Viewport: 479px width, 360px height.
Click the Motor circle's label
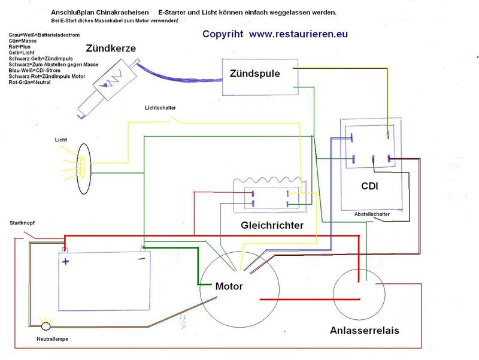229,287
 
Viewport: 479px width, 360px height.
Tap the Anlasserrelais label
364,330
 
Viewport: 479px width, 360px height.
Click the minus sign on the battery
141,259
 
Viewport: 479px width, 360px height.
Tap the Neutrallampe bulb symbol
46,326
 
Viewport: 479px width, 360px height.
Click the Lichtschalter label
160,108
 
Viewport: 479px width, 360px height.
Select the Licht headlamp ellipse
82,169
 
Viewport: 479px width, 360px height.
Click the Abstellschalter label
372,214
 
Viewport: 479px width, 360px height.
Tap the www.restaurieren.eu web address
298,34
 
